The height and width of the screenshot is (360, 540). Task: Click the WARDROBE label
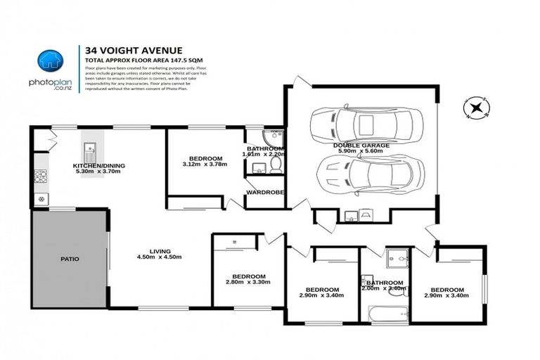[264, 191]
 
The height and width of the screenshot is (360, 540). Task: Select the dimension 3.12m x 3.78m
[202, 165]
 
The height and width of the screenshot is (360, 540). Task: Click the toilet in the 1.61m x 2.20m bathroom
[276, 164]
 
